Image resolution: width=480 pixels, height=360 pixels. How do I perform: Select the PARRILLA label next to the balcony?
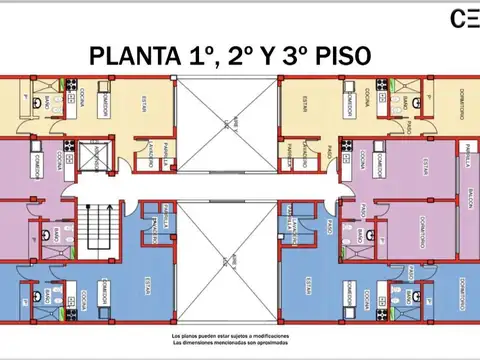click(x=467, y=153)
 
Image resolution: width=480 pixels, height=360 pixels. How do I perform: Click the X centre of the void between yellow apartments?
click(x=227, y=120)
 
